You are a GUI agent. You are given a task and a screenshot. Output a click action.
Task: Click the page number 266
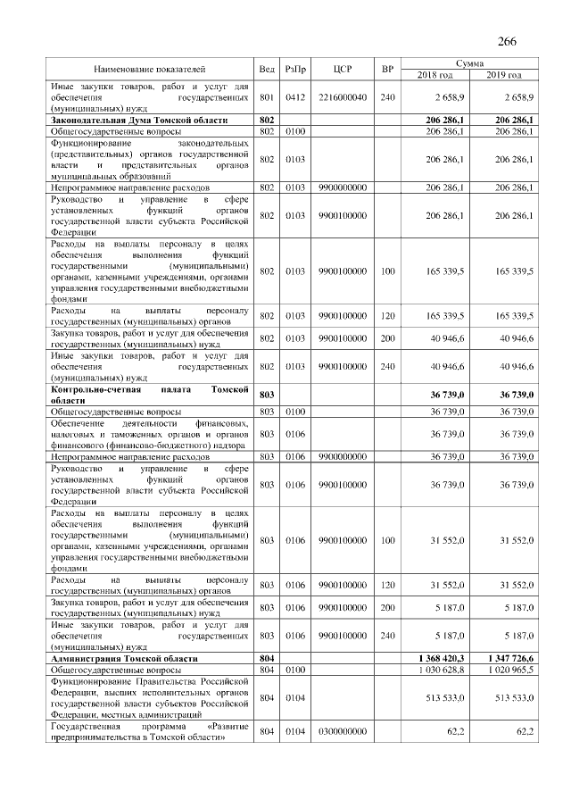507,42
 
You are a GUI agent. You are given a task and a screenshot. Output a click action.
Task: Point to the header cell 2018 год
435,74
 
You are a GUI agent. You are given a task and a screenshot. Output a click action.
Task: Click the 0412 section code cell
295,96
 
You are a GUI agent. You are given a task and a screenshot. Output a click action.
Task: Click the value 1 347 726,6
509,658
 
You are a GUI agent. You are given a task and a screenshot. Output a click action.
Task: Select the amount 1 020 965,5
509,668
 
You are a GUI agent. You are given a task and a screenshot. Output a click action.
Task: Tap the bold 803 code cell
266,395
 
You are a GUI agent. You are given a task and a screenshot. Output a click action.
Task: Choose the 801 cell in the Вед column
266,96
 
